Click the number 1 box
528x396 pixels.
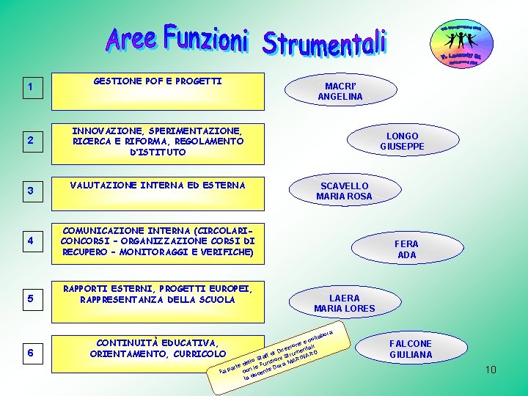[x=32, y=89]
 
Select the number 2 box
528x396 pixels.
[x=32, y=141]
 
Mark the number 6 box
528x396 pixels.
[x=32, y=353]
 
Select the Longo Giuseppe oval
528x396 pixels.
[x=402, y=141]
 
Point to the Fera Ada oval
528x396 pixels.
[x=406, y=249]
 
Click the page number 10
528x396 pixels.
[x=491, y=370]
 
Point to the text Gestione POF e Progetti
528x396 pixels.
[x=158, y=81]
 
